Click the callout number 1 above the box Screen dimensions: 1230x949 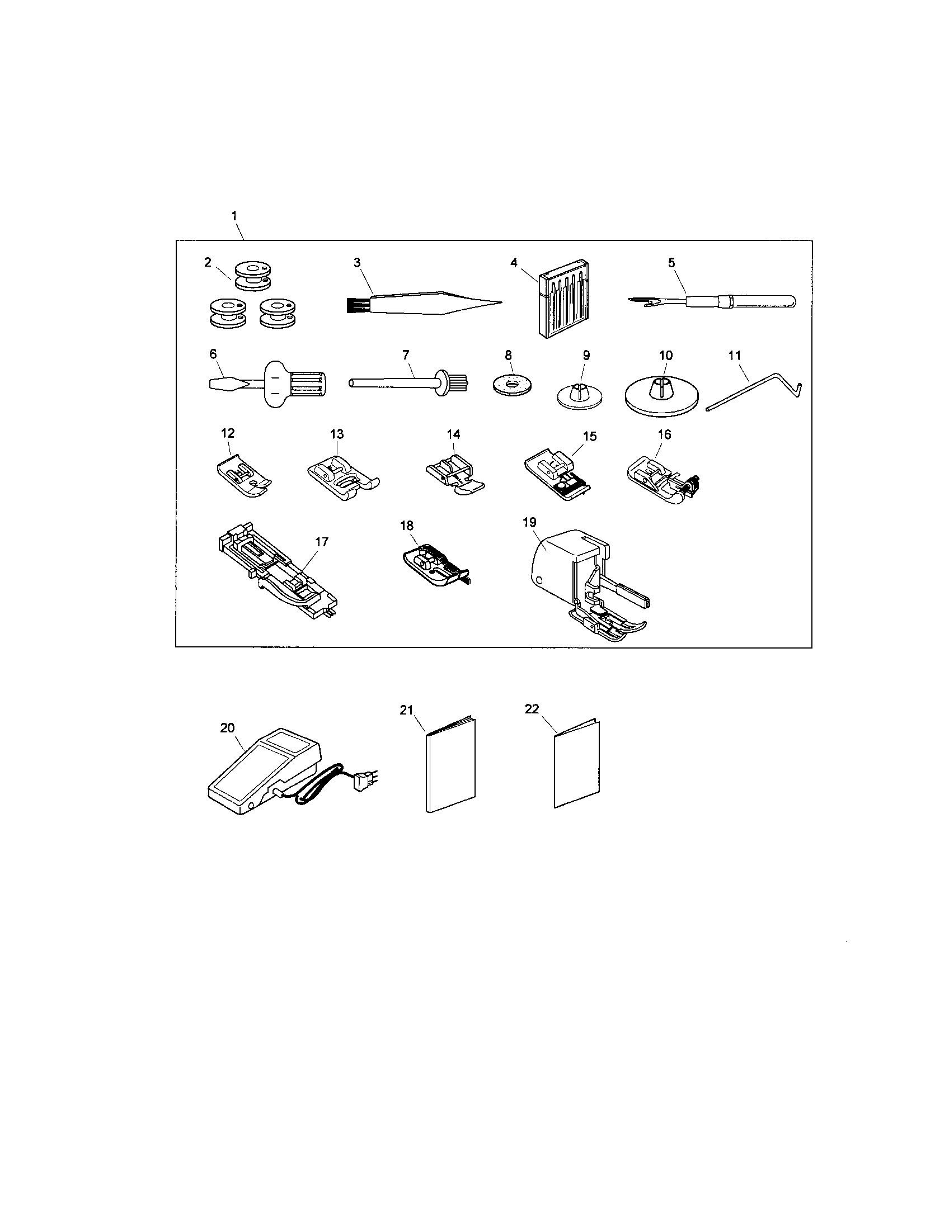234,216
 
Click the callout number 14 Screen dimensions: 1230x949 453,434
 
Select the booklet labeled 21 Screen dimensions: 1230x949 451,767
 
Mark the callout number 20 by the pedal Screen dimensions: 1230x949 227,727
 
